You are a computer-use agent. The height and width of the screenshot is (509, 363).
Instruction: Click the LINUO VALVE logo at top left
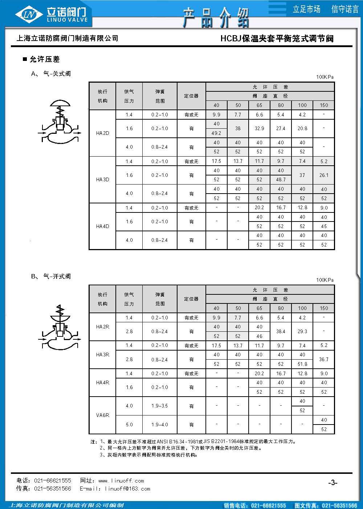point(53,15)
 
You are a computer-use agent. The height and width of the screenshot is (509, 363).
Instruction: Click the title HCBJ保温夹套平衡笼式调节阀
point(277,38)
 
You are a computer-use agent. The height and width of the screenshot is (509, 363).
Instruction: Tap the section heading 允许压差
point(44,59)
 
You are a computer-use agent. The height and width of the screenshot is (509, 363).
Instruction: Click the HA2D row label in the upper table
point(102,133)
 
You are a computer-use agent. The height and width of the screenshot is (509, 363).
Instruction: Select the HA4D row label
point(102,226)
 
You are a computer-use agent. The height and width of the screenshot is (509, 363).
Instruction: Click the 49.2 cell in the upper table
point(216,133)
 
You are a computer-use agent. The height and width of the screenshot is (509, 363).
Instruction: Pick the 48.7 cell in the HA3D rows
point(281,179)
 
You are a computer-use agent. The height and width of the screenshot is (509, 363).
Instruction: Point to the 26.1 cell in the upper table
point(324,175)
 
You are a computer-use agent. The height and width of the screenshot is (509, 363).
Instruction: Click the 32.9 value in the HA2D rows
point(259,128)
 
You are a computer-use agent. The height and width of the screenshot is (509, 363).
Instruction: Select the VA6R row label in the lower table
point(102,415)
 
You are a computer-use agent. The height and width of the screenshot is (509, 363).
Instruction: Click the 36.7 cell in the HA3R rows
point(324,359)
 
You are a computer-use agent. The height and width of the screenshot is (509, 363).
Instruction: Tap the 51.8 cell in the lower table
point(302,364)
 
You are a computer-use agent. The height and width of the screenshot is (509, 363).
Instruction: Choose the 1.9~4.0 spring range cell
point(160,425)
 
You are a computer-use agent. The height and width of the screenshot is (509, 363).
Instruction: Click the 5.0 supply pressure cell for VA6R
point(129,425)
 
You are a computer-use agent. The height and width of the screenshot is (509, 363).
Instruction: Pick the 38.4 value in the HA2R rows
point(281,331)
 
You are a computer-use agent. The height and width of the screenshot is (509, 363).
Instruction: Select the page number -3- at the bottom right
point(333,483)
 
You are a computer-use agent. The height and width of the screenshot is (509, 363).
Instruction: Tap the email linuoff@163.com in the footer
point(127,489)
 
